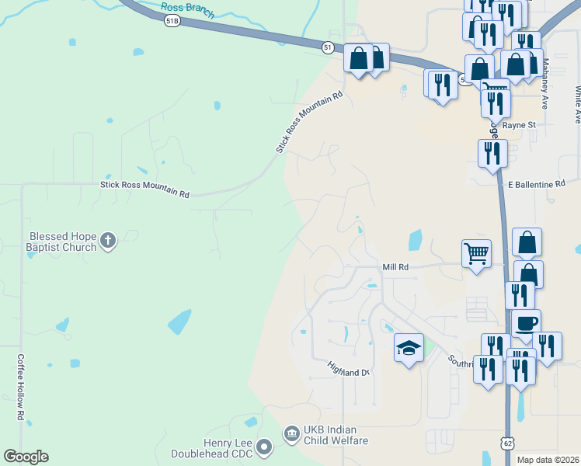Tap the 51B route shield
[172, 22]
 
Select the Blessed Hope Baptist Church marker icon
[108, 242]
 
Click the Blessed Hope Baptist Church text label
[62, 242]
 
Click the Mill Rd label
[395, 267]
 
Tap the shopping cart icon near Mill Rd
[476, 252]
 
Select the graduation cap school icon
[409, 348]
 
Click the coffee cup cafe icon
[526, 323]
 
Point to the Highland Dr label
[347, 368]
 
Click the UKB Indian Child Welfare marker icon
[291, 431]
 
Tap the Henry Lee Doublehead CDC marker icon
[265, 446]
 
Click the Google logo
[26, 457]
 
